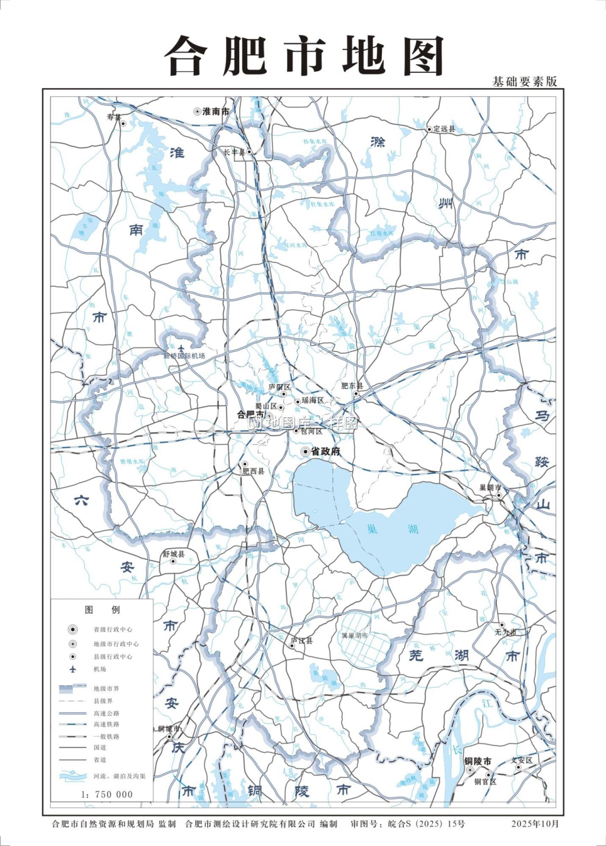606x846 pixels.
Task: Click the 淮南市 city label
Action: coord(216,112)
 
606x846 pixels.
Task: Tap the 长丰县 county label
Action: coord(234,152)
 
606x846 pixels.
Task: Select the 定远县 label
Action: coord(444,129)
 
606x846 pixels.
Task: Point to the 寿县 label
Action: coord(114,117)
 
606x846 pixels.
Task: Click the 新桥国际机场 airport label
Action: coord(184,356)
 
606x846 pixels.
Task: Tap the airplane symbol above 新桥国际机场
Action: coord(181,349)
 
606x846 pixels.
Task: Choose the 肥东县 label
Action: coord(352,386)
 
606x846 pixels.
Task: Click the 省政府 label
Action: coord(326,451)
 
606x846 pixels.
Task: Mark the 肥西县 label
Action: coord(253,471)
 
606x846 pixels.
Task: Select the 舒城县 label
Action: coord(174,554)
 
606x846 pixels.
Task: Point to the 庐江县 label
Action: coord(301,640)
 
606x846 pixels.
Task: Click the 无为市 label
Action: coord(506,632)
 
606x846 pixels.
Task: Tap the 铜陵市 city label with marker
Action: coord(477,761)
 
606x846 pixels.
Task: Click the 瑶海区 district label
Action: coord(313,400)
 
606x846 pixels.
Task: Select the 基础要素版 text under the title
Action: coord(524,82)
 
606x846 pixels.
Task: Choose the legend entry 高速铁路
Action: coord(107,724)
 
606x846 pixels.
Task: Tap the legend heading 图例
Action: coord(102,610)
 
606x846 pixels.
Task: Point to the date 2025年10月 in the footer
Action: coord(535,823)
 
